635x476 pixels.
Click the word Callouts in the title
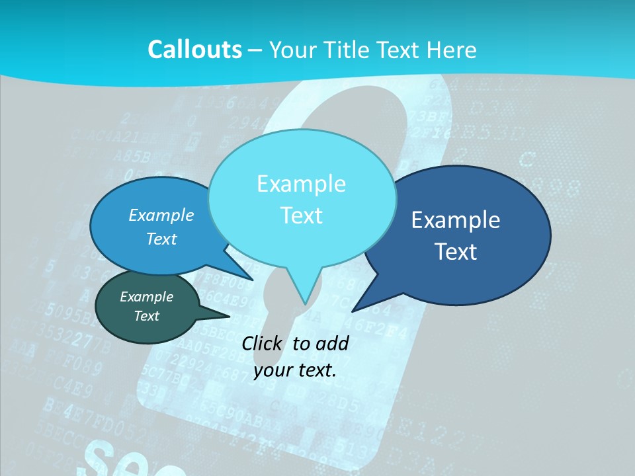[194, 50]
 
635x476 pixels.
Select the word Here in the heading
[452, 50]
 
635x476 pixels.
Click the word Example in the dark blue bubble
[456, 220]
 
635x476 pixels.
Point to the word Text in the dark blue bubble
[456, 252]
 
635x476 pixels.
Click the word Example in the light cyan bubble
[301, 184]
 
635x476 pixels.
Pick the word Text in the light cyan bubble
[301, 216]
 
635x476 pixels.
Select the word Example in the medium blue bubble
[161, 216]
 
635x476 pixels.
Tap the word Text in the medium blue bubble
[161, 239]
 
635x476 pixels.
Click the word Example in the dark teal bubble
[146, 297]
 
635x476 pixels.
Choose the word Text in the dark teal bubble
[146, 316]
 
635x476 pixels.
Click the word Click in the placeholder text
[263, 343]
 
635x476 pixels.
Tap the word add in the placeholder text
[332, 343]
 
